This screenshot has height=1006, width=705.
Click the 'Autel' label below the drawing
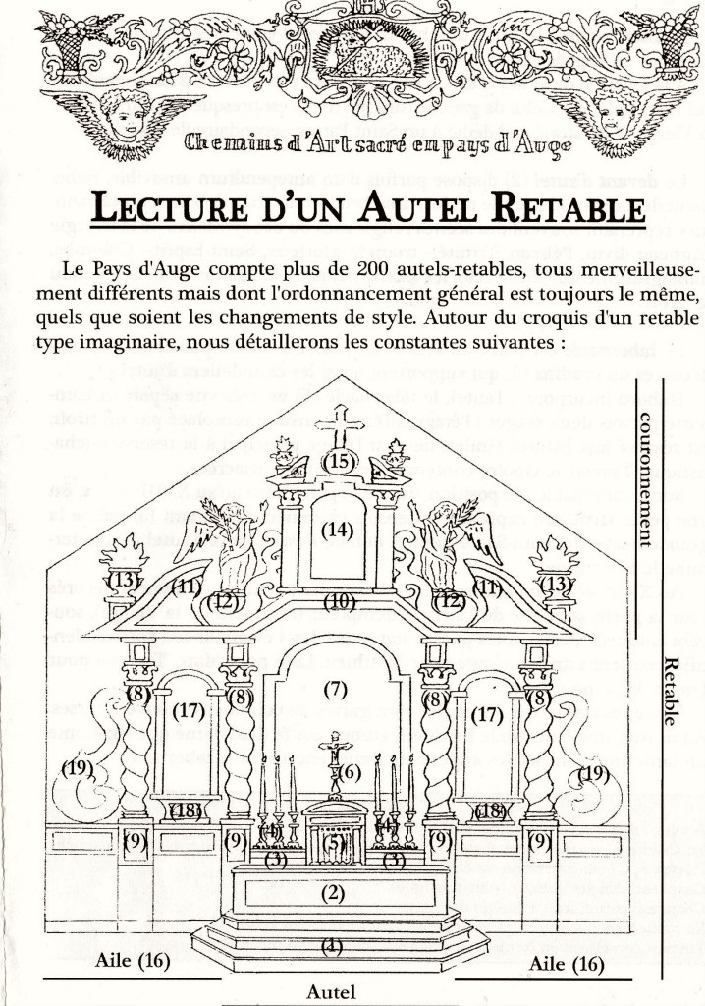(x=331, y=990)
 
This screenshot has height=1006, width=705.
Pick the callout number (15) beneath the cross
(x=340, y=461)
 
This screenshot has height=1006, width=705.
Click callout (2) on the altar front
(x=335, y=893)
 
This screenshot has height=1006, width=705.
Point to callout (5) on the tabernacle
(x=335, y=841)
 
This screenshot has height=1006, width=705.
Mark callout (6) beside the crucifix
(x=351, y=772)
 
